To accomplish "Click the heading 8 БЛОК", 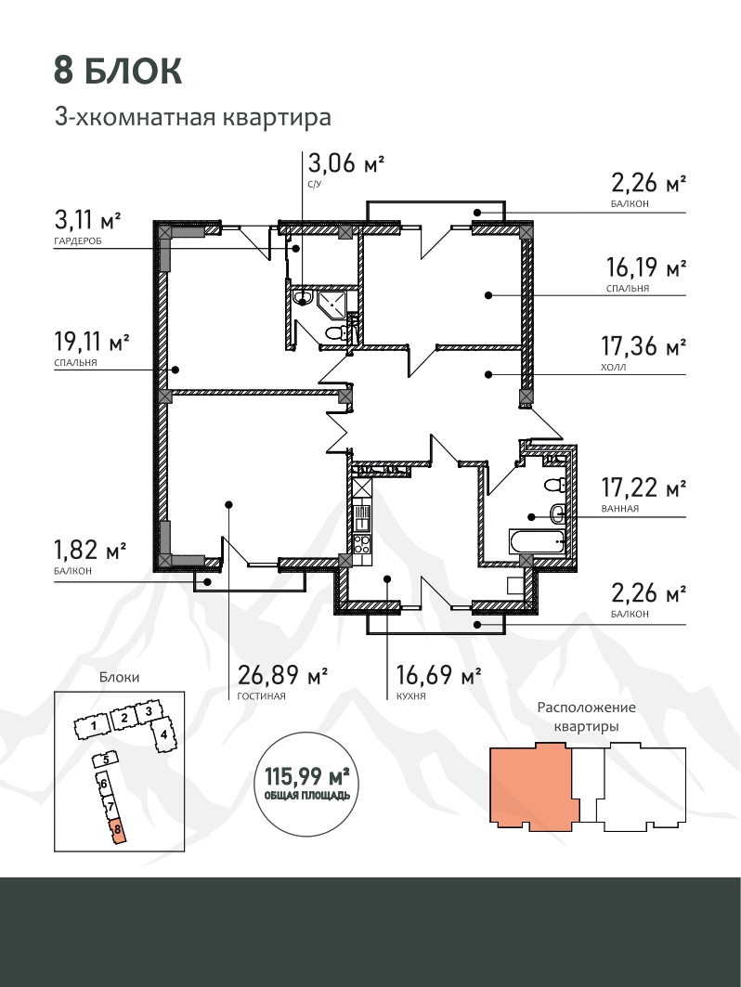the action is (x=118, y=71).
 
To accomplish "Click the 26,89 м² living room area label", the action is (x=282, y=675).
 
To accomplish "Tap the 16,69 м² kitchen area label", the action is (x=438, y=675).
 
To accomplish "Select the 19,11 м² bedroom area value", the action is (x=92, y=343).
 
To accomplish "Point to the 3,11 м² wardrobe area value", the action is (x=87, y=220).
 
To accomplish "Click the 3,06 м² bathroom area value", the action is (x=345, y=163).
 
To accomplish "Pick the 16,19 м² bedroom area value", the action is (x=646, y=268).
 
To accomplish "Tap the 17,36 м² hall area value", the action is (x=643, y=346).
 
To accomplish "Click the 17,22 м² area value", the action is (x=643, y=487).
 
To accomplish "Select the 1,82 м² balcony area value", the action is (x=91, y=551).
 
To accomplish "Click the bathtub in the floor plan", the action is (x=538, y=541).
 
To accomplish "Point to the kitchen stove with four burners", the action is (x=362, y=543).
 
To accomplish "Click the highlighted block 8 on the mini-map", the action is (x=117, y=830).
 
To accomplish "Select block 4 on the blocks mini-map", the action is (x=163, y=734).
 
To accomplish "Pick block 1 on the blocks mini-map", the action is (x=93, y=726).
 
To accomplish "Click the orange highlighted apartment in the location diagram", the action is (x=533, y=786).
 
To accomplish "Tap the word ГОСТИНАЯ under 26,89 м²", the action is (x=261, y=696).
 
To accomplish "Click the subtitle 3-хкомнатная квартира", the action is (x=192, y=117).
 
